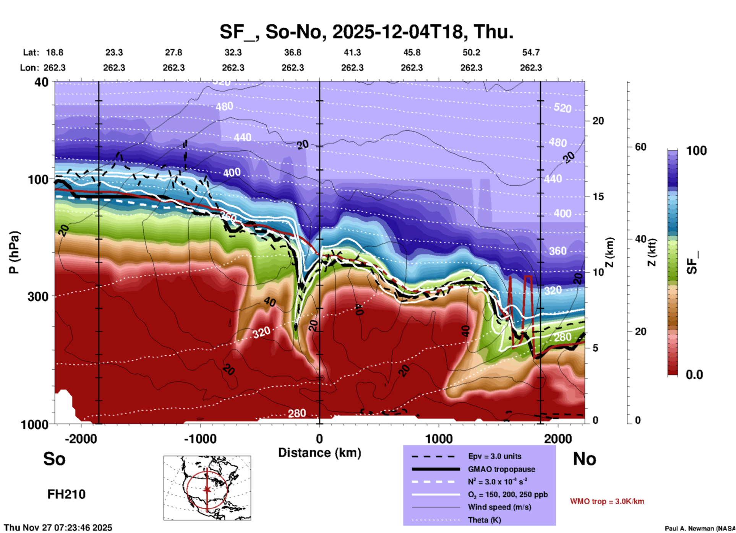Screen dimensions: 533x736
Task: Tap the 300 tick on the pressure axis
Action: click(x=38, y=296)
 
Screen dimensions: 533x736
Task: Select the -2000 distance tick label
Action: click(x=81, y=439)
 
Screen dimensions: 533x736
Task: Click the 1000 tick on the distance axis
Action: click(x=439, y=439)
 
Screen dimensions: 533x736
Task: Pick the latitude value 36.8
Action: click(x=293, y=52)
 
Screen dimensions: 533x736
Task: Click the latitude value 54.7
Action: click(x=531, y=52)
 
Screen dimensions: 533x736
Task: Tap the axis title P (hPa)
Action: click(x=14, y=252)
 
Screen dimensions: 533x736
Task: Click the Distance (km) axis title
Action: click(x=319, y=453)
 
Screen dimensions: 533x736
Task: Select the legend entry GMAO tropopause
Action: click(x=501, y=469)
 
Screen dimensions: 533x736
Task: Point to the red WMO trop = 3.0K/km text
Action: click(x=607, y=501)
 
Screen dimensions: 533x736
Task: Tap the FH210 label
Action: click(x=66, y=494)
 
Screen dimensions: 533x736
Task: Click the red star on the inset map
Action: click(x=207, y=489)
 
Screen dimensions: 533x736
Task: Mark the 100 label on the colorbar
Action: click(x=696, y=151)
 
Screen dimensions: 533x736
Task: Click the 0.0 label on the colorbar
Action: click(x=694, y=374)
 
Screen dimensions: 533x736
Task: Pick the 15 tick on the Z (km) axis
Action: click(x=598, y=197)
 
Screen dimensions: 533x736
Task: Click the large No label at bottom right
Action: click(x=584, y=459)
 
